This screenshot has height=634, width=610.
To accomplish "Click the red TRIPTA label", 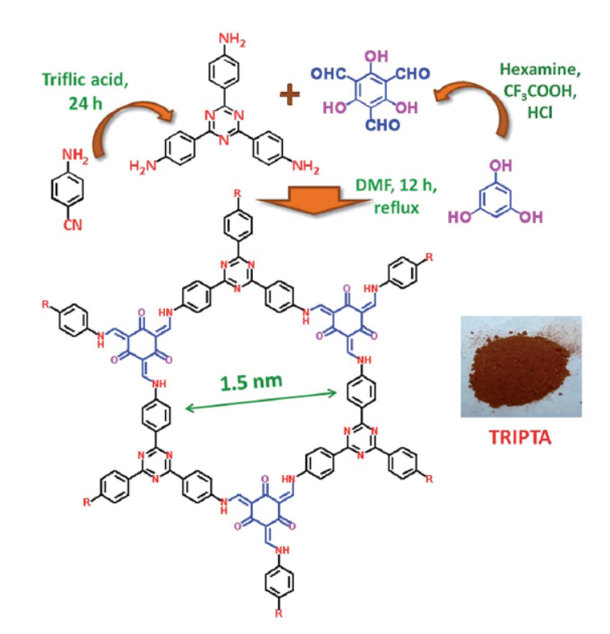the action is click(520, 437).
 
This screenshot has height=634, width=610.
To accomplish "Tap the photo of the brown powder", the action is click(521, 367).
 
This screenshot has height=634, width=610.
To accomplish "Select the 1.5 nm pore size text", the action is click(251, 382).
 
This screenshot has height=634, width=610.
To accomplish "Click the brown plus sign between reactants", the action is click(289, 94).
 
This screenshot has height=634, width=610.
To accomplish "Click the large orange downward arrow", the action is click(314, 200).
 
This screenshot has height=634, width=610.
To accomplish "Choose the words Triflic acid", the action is click(85, 80).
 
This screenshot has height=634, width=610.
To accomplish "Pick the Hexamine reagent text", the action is click(541, 69).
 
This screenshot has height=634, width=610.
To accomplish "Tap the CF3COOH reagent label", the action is click(540, 92).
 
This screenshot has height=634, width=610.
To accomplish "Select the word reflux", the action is click(396, 207).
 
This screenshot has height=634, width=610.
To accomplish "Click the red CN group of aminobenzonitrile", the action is click(73, 225).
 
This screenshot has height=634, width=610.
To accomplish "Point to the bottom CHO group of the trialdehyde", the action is click(382, 124).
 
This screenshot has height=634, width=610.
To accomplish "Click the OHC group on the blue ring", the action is click(329, 73).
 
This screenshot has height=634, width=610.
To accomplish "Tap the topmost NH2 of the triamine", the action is click(232, 40).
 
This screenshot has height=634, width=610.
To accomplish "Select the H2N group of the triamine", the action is click(143, 166).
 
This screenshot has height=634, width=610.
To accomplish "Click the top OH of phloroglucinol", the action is click(501, 165).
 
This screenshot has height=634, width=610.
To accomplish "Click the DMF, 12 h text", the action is click(396, 186).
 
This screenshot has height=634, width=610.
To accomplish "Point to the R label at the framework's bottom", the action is click(279, 613).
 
